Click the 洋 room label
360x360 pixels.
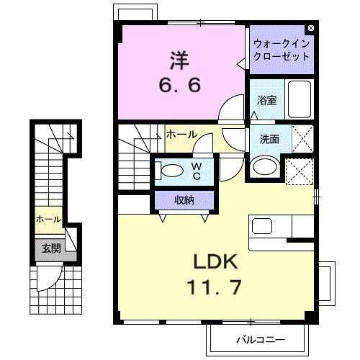180,58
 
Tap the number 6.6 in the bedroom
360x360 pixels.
180,84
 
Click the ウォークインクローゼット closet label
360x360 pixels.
282,50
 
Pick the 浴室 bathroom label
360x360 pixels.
267,100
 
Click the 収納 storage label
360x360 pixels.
184,200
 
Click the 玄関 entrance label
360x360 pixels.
50,249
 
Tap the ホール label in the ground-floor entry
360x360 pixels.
48,218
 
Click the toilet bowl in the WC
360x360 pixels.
172,171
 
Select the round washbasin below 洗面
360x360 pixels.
264,166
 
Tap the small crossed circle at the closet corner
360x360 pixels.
310,29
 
